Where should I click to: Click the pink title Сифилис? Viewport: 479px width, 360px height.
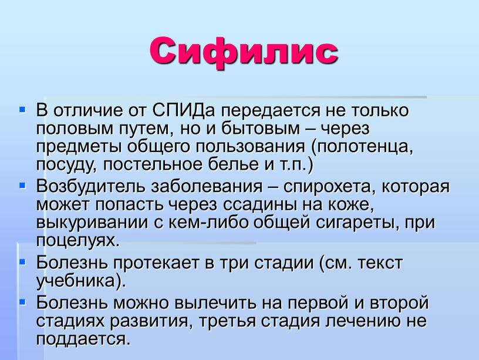click(x=244, y=52)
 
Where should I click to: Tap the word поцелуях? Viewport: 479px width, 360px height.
click(x=77, y=241)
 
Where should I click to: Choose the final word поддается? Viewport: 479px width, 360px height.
click(x=83, y=339)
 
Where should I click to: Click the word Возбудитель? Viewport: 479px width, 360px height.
click(x=90, y=186)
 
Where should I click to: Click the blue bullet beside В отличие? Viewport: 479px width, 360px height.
click(x=22, y=109)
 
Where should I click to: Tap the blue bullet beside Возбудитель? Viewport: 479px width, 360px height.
click(x=22, y=185)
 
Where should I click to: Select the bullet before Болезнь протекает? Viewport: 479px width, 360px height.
click(x=22, y=261)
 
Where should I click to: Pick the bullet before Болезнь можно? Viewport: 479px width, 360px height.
click(x=22, y=302)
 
